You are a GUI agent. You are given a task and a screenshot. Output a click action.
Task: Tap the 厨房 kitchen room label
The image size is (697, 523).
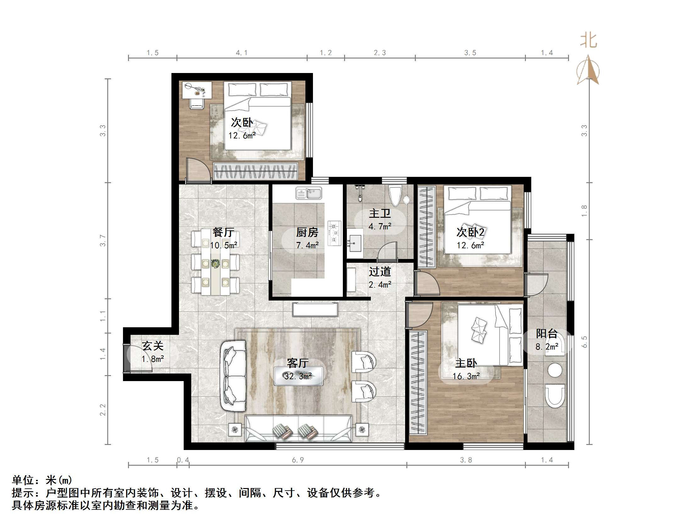point(307,232)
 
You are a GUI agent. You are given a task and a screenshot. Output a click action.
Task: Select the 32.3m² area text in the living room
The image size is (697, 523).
point(298,376)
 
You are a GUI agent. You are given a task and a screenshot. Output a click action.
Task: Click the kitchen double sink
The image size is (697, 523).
point(309,193)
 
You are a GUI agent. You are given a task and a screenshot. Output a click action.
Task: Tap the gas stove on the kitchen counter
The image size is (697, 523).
point(334,233)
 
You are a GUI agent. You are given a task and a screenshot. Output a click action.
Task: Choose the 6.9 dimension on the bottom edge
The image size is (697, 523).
point(298,460)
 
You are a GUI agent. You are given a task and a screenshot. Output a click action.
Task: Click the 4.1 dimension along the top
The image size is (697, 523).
point(242,53)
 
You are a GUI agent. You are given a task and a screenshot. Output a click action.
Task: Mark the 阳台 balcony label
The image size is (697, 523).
point(547,334)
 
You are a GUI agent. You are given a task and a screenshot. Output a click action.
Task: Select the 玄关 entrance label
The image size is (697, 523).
point(153,346)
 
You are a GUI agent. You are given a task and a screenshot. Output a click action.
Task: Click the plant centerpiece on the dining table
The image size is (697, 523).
point(215,263)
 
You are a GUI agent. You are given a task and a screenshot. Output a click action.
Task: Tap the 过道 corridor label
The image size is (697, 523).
point(380,272)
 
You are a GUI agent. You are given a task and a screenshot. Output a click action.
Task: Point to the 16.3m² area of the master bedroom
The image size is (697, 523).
point(466,376)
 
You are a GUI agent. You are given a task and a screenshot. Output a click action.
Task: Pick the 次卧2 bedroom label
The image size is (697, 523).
point(471,232)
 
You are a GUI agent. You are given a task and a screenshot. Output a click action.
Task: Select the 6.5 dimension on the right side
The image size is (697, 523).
point(584,342)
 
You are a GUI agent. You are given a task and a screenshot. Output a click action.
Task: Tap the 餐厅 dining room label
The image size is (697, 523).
point(223,232)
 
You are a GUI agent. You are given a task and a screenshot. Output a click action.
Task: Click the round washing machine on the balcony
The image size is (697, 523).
point(555,370)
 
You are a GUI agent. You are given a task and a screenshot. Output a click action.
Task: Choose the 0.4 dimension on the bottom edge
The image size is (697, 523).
point(183,460)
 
